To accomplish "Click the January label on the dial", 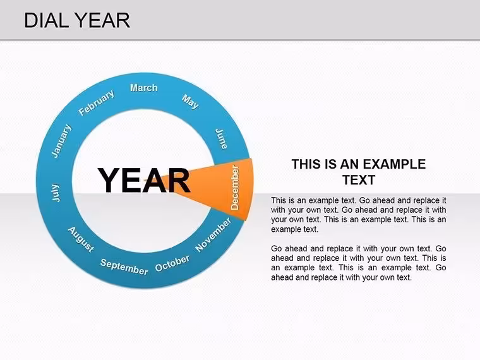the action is click(61, 141).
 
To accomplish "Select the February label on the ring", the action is click(97, 102).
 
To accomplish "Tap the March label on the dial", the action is click(144, 88).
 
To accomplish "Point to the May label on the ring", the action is click(190, 102).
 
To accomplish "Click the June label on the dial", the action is click(221, 139).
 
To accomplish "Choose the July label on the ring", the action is click(56, 193).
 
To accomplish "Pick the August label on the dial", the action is click(81, 239).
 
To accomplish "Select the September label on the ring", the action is click(124, 267).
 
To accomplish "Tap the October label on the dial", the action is click(172, 263).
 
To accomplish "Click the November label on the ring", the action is click(213, 235).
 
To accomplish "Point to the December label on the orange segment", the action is click(234, 188).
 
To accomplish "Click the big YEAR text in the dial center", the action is click(144, 180).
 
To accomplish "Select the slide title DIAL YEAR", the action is click(77, 20).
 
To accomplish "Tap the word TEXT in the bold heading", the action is click(359, 180).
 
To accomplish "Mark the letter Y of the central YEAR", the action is click(109, 180).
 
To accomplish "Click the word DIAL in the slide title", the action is click(46, 20).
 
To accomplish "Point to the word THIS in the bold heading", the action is click(307, 164).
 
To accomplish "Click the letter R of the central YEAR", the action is click(179, 180).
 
